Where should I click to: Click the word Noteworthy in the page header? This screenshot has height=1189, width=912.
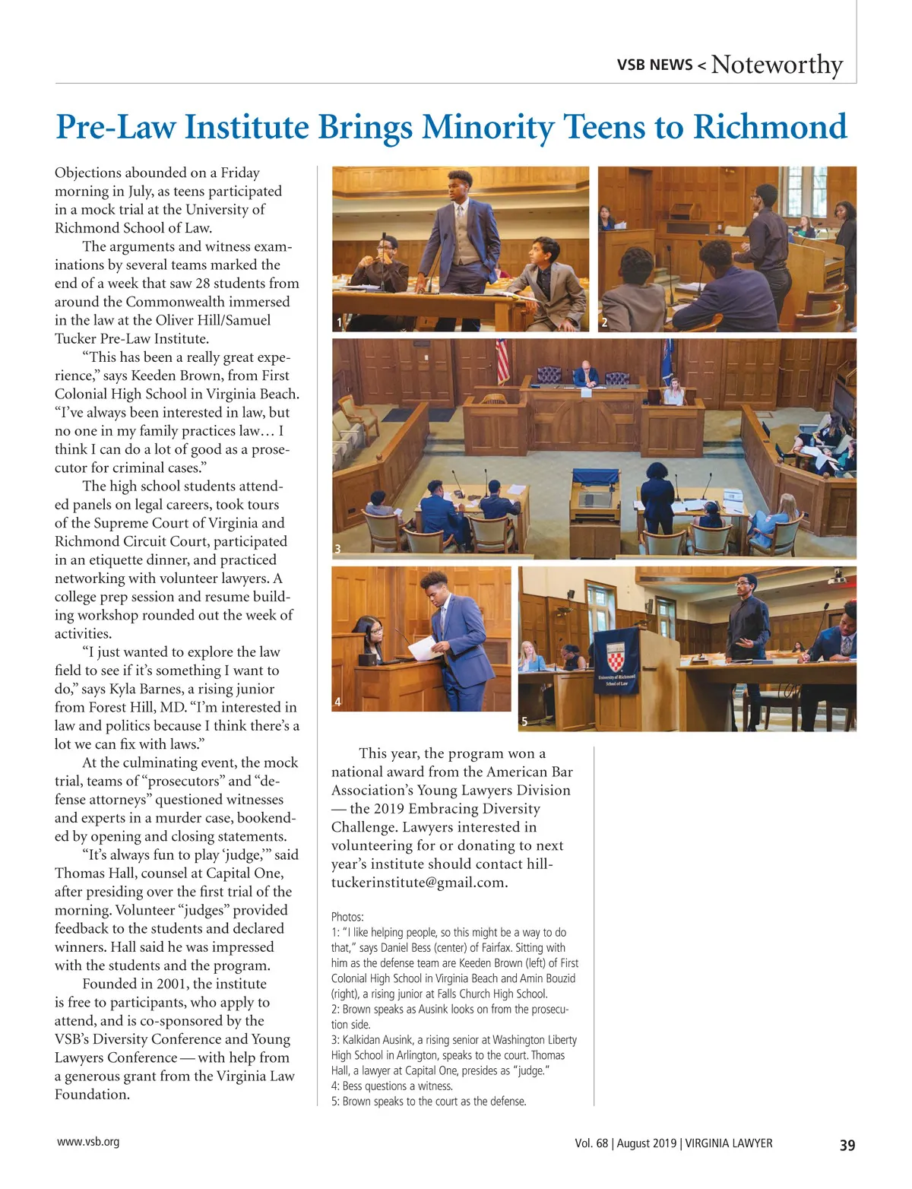[x=777, y=65]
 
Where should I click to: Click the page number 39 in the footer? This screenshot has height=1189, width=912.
[x=847, y=1145]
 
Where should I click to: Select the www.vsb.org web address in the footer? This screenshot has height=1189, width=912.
[x=88, y=1141]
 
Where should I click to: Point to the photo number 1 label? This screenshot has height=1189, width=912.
[x=339, y=323]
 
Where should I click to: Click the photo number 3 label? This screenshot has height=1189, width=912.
[x=337, y=549]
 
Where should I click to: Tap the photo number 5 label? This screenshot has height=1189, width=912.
[x=524, y=721]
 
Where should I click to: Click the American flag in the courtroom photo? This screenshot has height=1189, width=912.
[x=502, y=361]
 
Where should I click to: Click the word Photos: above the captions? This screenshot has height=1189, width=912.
[x=347, y=917]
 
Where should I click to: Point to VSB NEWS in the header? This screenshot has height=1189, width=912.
[x=654, y=65]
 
